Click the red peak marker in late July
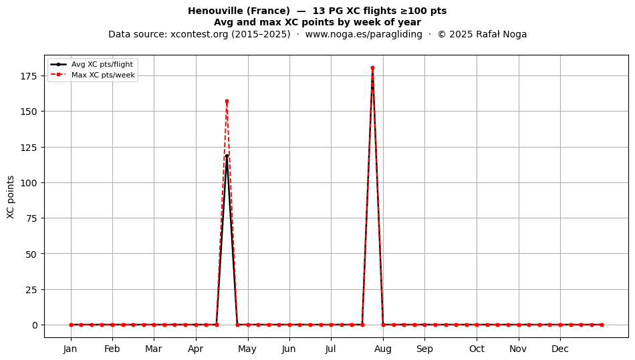tap(372, 68)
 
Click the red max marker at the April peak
tap(227, 101)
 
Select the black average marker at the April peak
tap(227, 156)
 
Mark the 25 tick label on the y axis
tap(32, 290)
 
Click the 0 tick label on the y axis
tap(35, 325)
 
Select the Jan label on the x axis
tap(70, 349)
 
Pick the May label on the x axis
tap(247, 349)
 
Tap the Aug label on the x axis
tap(383, 349)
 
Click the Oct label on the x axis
tap(477, 349)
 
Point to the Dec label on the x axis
tap(560, 349)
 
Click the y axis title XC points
tap(11, 198)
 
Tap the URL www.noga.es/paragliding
tap(364, 34)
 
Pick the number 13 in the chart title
tap(318, 11)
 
